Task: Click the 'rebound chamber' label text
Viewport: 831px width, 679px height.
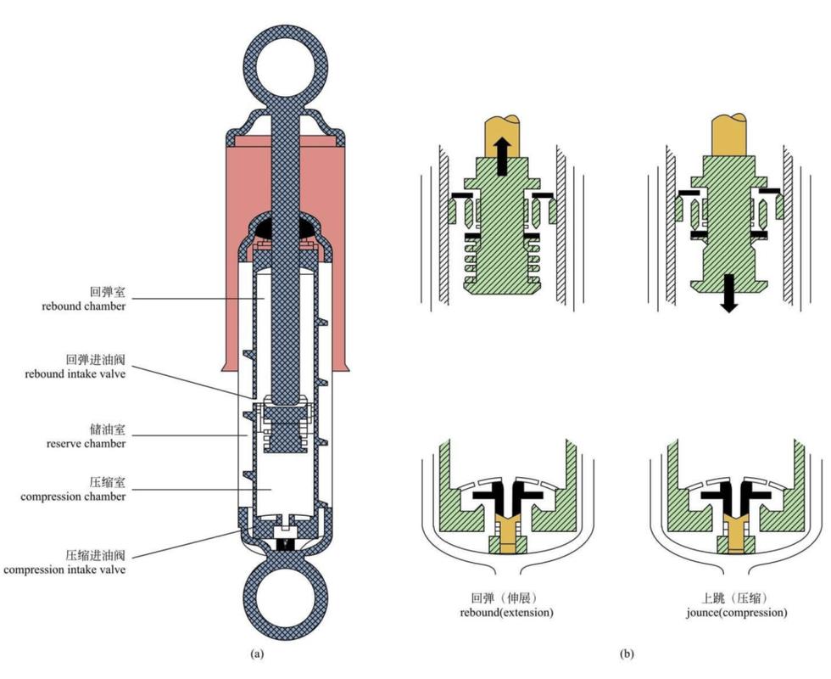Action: coord(84,306)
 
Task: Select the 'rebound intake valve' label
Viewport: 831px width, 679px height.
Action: coord(75,374)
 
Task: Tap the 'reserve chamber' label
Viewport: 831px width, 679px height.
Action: coord(86,443)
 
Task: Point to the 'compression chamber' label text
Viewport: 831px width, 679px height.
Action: coord(73,497)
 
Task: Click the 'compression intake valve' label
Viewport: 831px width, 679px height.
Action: coord(64,570)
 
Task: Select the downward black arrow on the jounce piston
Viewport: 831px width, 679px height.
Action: coord(729,294)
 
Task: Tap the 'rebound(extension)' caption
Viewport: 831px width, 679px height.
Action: coord(506,613)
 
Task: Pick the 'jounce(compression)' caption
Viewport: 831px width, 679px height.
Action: coord(736,613)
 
